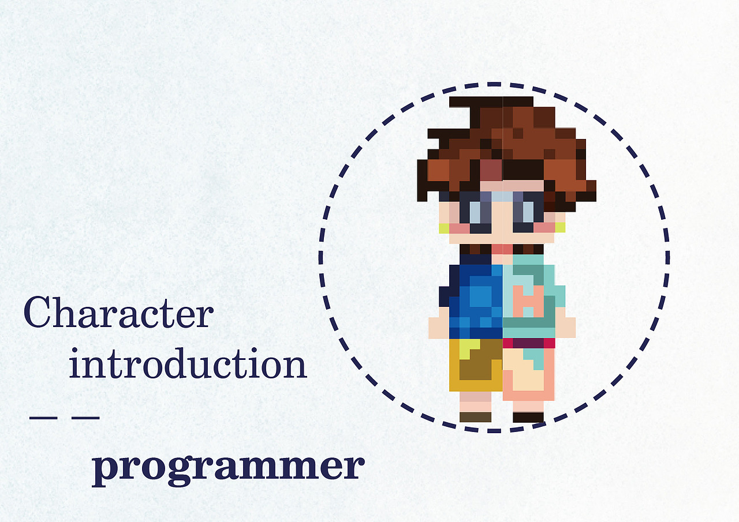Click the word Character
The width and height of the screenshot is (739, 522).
point(118,312)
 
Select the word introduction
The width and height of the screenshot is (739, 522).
point(188,363)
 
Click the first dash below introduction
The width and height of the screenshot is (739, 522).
point(43,418)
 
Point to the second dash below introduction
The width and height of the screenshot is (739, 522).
point(86,418)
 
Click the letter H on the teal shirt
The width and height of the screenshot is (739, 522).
point(528,301)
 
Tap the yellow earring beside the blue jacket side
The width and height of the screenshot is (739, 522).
point(444,228)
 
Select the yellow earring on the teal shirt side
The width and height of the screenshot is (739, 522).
point(560,227)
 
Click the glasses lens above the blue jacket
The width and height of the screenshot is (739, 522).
point(475,212)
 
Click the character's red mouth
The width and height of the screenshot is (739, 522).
point(502,249)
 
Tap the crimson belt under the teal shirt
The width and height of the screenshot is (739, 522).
point(529,343)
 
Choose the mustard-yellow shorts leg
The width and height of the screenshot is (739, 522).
point(476,365)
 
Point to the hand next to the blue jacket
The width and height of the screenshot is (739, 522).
point(439,328)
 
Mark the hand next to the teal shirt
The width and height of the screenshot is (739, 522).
point(565,328)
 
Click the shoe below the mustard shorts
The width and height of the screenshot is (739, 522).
point(475,417)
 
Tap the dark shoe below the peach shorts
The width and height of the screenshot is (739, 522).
point(528,417)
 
